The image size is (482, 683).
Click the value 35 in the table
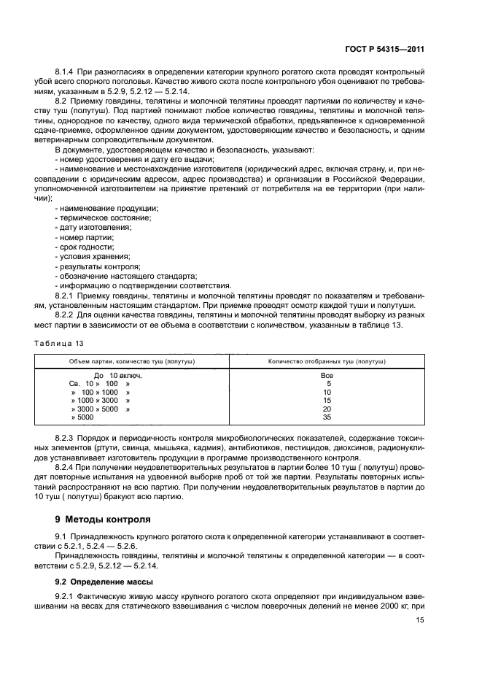[x=327, y=418]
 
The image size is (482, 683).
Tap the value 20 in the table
[x=327, y=409]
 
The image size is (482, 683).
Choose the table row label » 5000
[x=82, y=418]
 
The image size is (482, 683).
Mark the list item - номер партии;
[x=85, y=238]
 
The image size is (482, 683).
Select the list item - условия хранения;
[x=93, y=257]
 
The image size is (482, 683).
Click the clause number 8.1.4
[x=67, y=72]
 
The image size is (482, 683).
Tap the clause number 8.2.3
[x=67, y=438]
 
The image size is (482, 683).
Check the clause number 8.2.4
[x=67, y=466]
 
